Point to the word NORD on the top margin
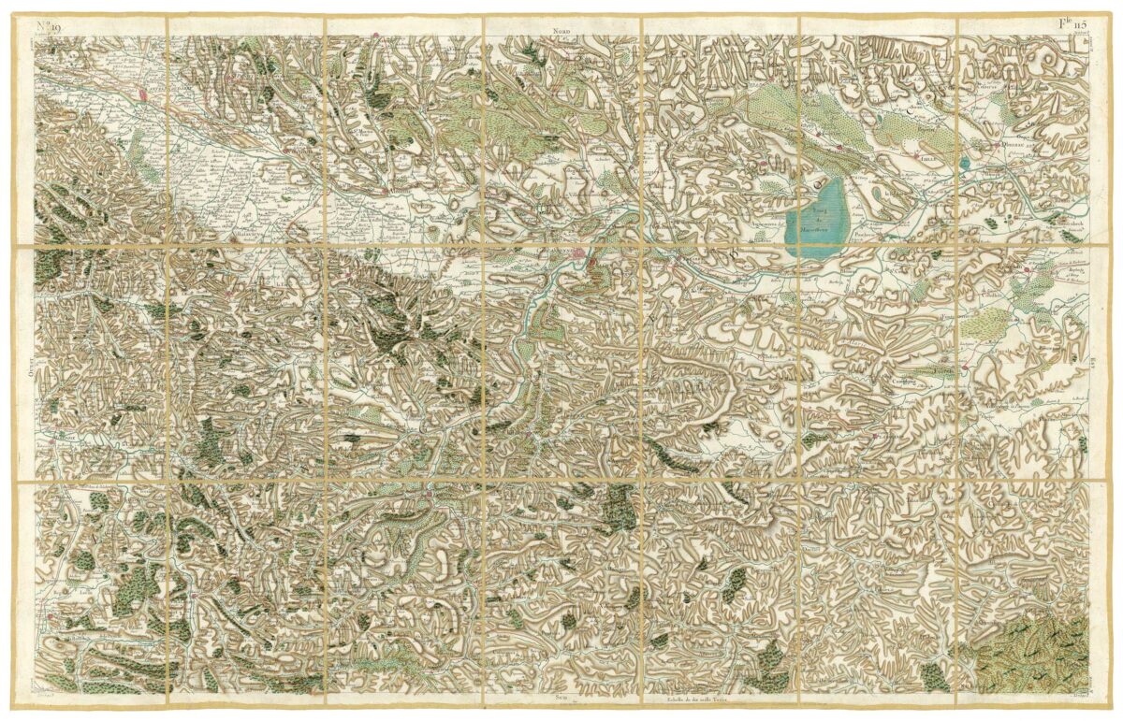(x=561, y=31)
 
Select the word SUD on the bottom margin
(x=561, y=697)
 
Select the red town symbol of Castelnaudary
(x=143, y=94)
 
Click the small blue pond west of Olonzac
(x=964, y=165)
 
